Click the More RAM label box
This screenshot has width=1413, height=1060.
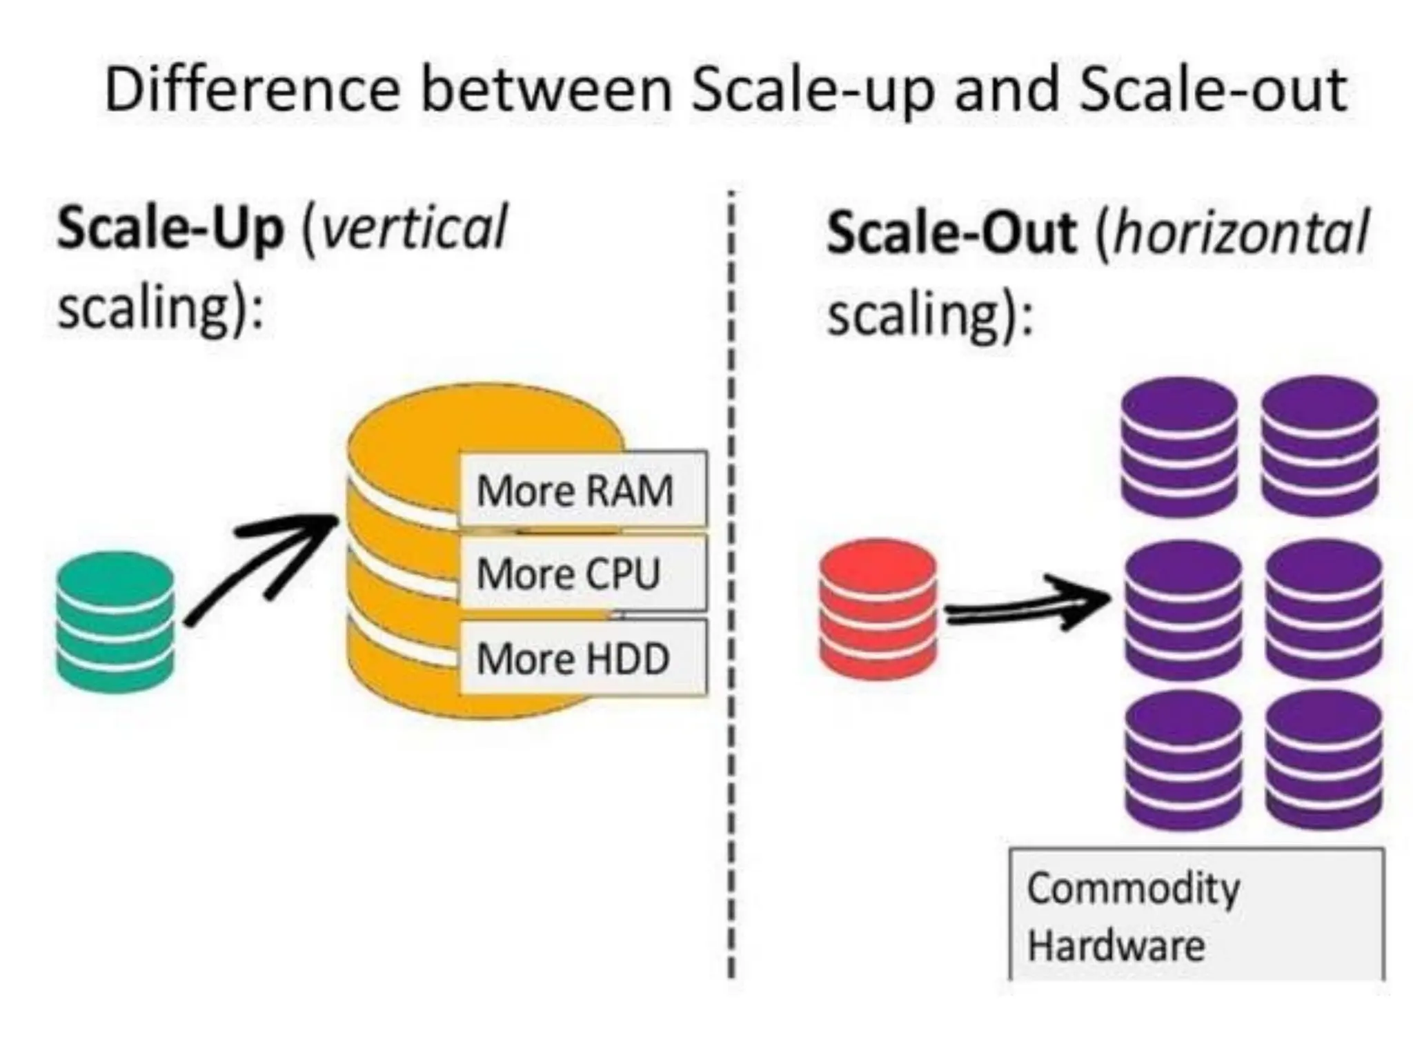583,489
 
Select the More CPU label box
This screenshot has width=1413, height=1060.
583,573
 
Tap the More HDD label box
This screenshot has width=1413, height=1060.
583,658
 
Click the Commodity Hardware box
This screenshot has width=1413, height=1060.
1196,915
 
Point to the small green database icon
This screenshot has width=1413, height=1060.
115,622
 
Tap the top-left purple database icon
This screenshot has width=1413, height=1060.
1179,446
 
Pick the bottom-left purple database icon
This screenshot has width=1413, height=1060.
1183,759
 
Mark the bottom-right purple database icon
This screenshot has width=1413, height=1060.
1324,759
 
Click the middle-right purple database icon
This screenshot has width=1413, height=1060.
1324,609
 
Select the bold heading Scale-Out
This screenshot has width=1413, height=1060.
951,233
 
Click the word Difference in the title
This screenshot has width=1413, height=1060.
252,90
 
